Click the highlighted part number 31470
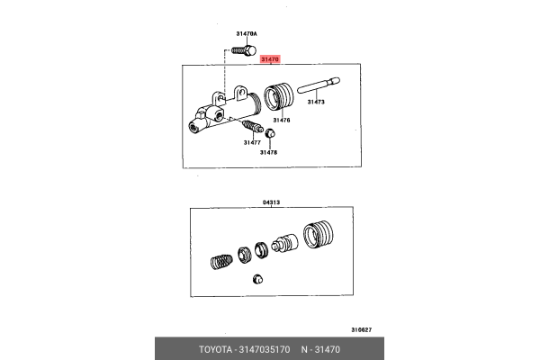(270, 59)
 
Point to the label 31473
(316, 103)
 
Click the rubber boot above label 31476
(281, 97)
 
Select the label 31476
(281, 120)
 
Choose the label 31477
(251, 142)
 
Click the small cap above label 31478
(270, 136)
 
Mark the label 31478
(269, 152)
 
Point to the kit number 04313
(272, 202)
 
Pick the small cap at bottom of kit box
(257, 279)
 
